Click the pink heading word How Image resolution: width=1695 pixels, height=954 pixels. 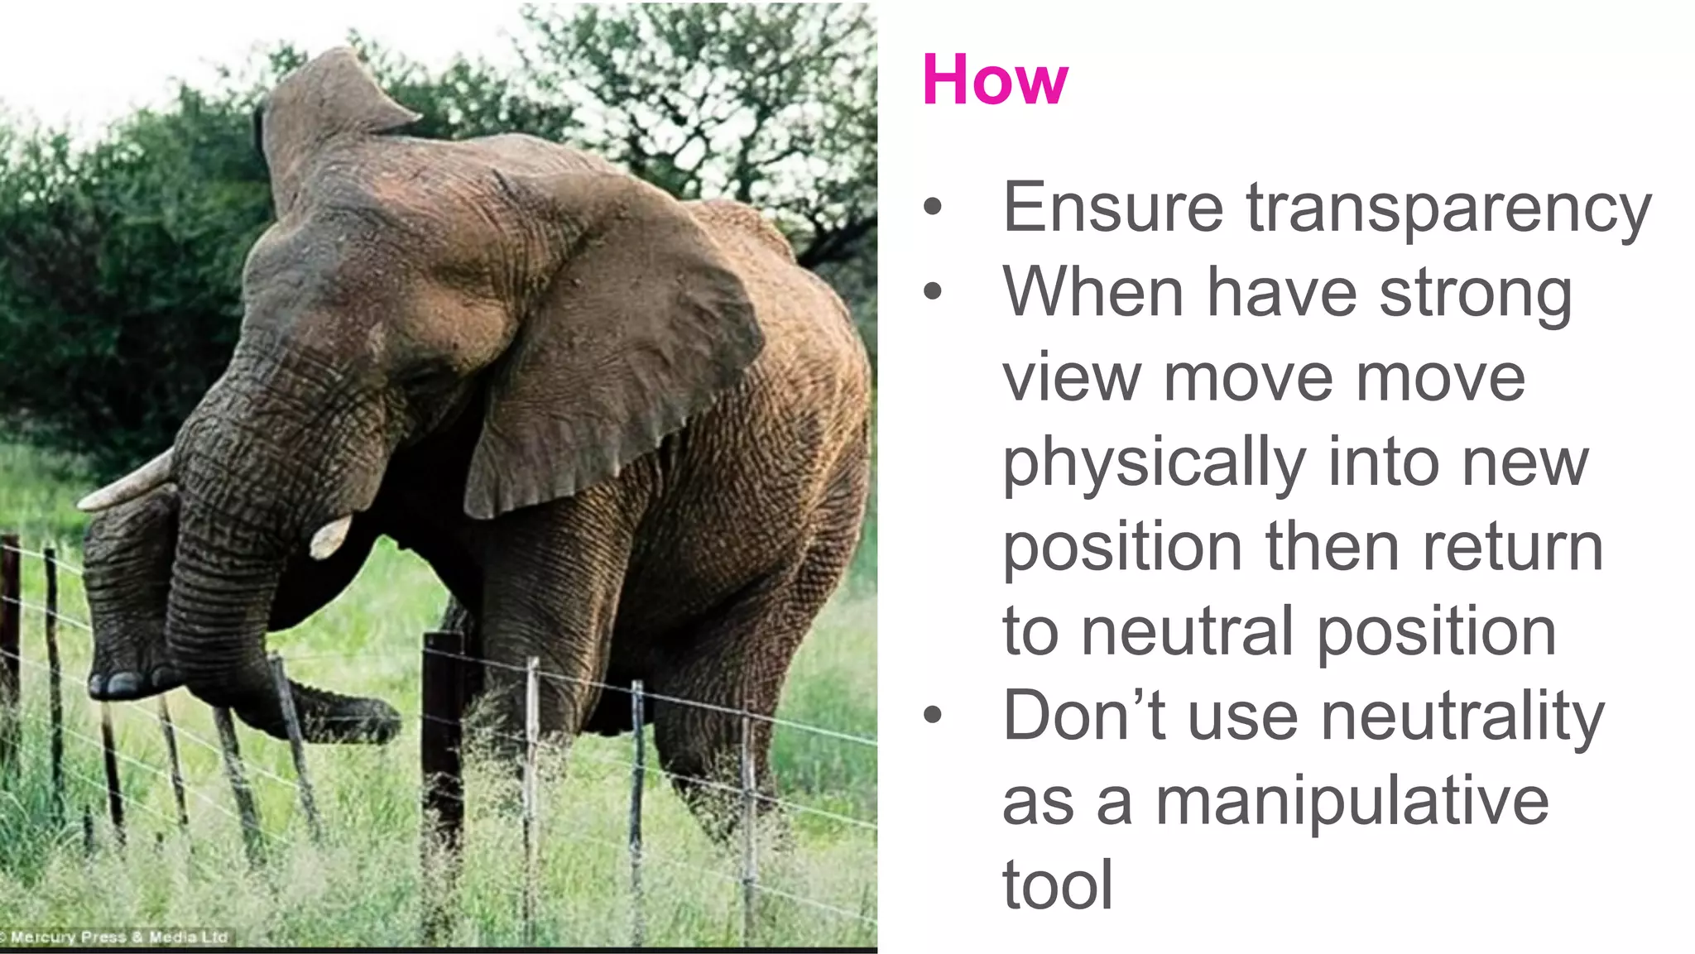point(995,79)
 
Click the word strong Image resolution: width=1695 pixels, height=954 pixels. point(1476,294)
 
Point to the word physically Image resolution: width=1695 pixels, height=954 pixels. point(1154,463)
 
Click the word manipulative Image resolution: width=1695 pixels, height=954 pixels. point(1352,801)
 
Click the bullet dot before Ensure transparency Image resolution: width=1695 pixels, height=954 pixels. point(933,207)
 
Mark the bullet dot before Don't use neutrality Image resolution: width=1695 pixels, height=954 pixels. point(933,715)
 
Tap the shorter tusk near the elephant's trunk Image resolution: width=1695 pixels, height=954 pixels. point(329,536)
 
